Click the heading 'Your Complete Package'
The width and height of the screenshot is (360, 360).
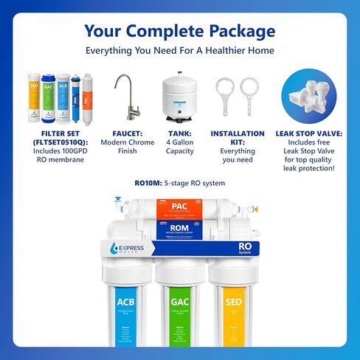pos(180,31)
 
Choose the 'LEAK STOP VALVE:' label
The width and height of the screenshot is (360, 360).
pos(308,135)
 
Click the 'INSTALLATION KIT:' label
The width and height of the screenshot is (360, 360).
pos(232,139)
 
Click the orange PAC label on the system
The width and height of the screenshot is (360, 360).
pos(179,206)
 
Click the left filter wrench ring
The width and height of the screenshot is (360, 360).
pos(226,92)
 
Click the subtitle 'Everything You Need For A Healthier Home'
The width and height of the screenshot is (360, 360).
pos(180,51)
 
